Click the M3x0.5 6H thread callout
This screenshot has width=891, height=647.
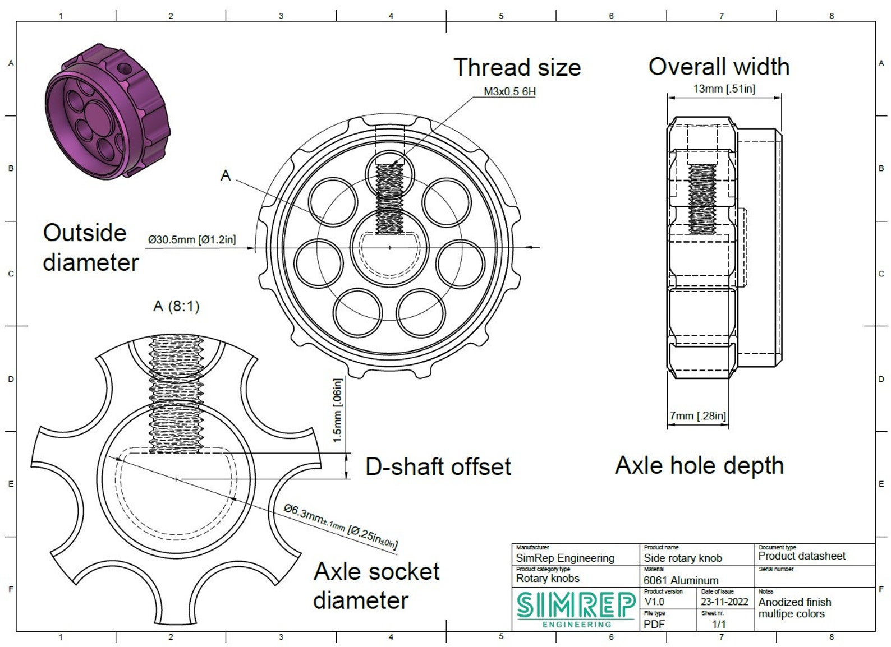(509, 91)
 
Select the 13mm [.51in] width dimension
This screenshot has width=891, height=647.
(724, 89)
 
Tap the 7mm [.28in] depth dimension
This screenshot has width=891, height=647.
(697, 415)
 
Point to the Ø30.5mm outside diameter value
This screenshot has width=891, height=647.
(192, 239)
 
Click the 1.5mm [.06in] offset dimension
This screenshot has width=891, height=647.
(337, 410)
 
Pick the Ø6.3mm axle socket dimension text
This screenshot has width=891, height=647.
(341, 526)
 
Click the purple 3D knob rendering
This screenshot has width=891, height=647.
(107, 110)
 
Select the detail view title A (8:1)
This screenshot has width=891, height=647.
(176, 307)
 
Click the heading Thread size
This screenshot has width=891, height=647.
(517, 67)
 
